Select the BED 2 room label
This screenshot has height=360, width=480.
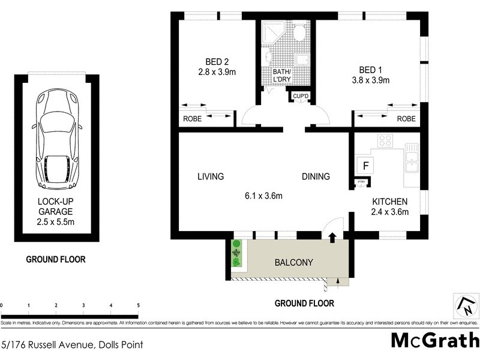(x=217, y=66)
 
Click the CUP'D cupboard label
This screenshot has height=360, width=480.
(x=300, y=96)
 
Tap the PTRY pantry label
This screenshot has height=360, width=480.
(x=361, y=181)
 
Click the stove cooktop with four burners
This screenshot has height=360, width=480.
(x=385, y=141)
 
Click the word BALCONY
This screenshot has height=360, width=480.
(x=292, y=263)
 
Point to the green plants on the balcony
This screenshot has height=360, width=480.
(x=237, y=254)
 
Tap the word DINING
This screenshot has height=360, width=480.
(x=316, y=176)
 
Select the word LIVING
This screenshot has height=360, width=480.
(x=211, y=176)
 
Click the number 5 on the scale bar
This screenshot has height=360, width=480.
(x=139, y=306)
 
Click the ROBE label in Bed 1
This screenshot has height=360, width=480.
(x=406, y=119)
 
